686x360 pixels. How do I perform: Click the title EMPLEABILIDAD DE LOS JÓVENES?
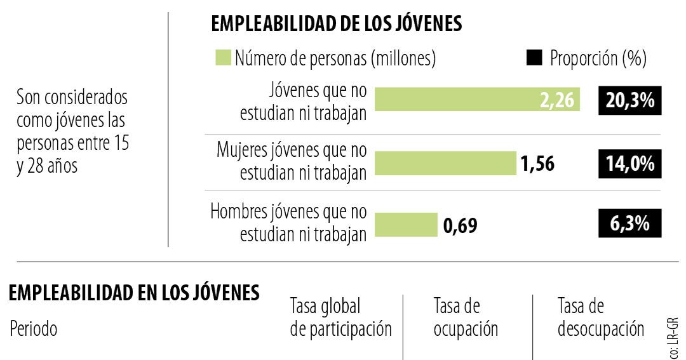coord(336,24)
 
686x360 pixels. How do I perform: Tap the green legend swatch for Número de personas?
coord(222,58)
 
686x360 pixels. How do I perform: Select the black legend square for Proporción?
coord(534,58)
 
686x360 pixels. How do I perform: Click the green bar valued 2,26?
coord(476,100)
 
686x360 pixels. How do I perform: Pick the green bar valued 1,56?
coord(445,163)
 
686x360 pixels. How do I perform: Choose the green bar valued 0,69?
coord(405,224)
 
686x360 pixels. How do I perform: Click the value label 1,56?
coord(537,164)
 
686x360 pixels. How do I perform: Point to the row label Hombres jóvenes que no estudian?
coord(288,222)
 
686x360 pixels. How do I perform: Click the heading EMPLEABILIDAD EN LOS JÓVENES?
coord(134,293)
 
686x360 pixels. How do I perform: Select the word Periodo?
coord(33,330)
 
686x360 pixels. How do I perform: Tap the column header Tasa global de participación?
coord(340,318)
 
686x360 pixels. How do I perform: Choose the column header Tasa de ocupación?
coord(465,318)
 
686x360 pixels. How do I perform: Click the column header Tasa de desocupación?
coord(600,318)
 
